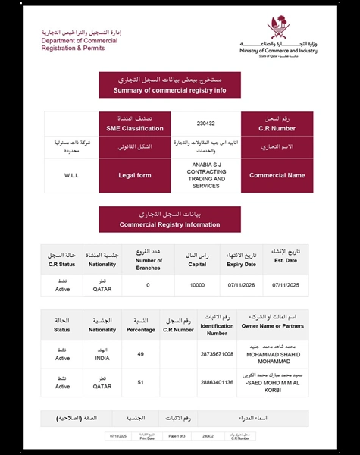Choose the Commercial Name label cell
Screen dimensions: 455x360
(x=276, y=175)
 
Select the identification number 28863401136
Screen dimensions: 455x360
(x=218, y=383)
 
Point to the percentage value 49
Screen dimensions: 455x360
(x=141, y=354)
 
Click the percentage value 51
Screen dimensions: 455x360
(x=141, y=383)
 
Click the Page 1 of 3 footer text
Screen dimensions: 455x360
(x=176, y=436)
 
